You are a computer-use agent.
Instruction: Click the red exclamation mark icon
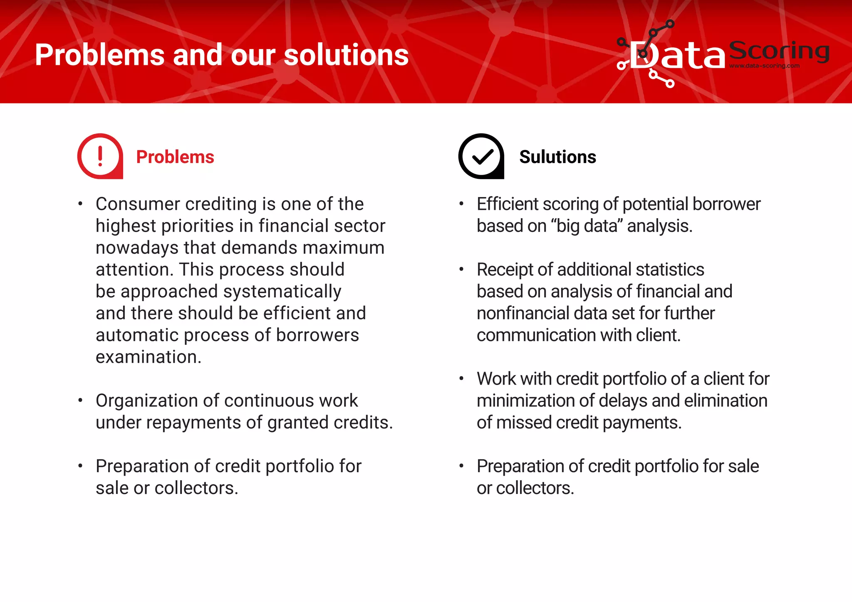tap(100, 156)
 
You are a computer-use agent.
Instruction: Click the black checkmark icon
tap(481, 156)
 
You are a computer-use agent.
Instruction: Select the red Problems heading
tap(175, 157)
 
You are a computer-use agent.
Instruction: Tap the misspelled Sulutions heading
tap(557, 157)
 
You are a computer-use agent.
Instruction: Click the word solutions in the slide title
tap(346, 55)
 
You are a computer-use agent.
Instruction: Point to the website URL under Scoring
tap(764, 66)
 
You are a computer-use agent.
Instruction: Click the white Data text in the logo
tap(678, 56)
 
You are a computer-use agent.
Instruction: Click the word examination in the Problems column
tap(149, 357)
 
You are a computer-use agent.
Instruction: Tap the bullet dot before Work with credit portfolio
tap(461, 378)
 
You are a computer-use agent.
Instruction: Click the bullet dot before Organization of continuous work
tap(80, 400)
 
